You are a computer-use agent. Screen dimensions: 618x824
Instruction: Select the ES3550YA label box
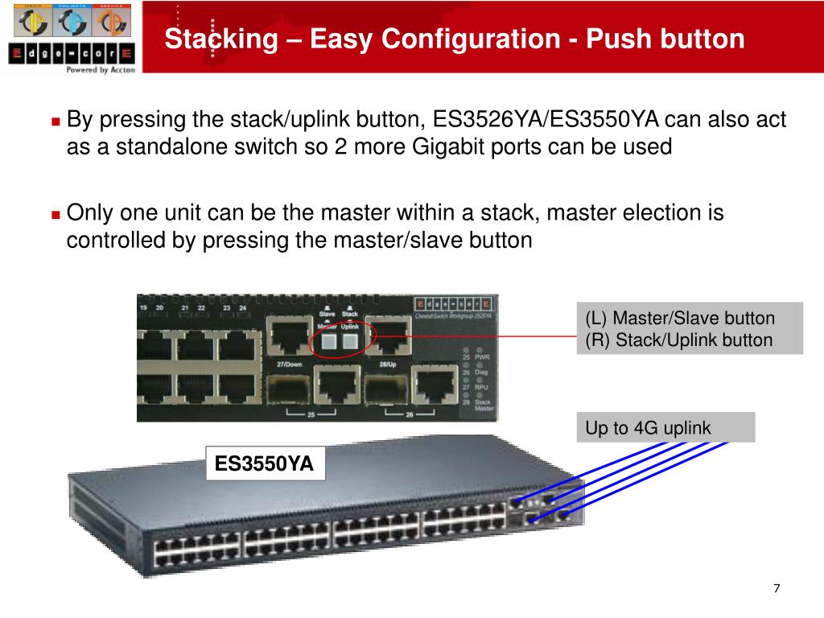click(x=264, y=463)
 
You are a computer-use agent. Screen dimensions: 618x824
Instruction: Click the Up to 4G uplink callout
click(x=649, y=428)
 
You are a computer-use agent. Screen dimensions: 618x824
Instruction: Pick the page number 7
click(x=777, y=588)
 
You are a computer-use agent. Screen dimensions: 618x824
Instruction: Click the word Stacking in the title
click(x=211, y=39)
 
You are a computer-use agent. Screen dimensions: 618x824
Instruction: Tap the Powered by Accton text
click(x=100, y=70)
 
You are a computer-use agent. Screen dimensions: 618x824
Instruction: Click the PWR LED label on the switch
click(x=481, y=356)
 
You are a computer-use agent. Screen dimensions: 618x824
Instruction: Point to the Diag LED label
click(x=481, y=372)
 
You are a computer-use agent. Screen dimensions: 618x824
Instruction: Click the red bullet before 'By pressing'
click(x=56, y=122)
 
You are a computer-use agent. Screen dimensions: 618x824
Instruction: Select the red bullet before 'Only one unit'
click(x=56, y=215)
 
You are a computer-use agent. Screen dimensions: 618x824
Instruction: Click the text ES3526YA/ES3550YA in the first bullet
click(x=546, y=121)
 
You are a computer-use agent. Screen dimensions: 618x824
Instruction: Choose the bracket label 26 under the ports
click(x=409, y=414)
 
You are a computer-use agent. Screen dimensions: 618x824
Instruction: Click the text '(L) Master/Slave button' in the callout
click(x=680, y=318)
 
